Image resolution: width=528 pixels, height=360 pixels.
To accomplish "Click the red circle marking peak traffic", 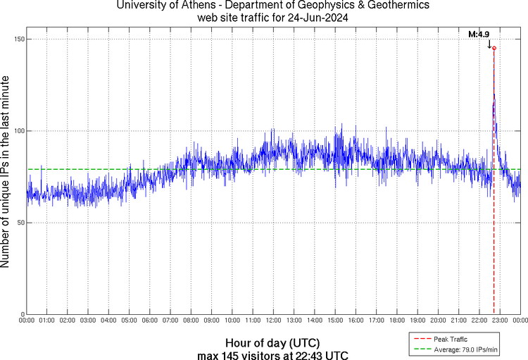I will point(494,49).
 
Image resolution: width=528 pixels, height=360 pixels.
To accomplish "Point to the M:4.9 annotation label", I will point(479,34).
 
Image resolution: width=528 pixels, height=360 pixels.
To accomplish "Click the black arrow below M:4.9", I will point(489,44).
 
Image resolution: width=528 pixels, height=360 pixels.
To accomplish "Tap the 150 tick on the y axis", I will point(18,39).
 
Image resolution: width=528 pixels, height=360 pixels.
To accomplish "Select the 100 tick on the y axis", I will point(18,131).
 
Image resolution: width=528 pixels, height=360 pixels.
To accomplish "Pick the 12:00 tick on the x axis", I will point(273,321).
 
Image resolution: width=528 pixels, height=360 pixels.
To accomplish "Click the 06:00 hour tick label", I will point(150,321).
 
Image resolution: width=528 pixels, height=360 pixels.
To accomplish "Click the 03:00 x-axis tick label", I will point(88,321).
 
